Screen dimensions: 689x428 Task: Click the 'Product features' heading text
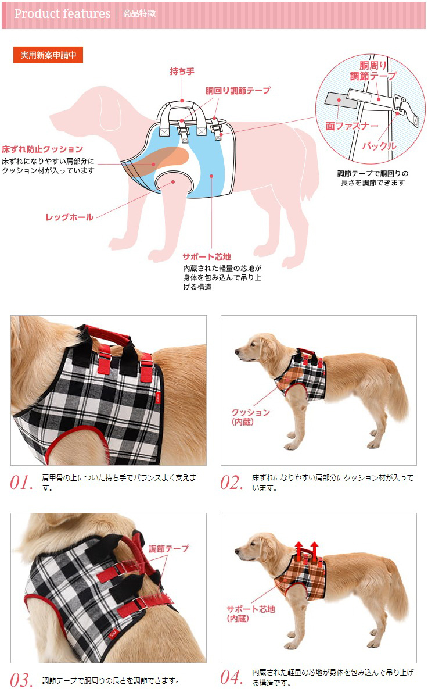62,14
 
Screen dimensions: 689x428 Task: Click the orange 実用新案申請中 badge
48,55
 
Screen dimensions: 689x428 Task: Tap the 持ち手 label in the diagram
182,72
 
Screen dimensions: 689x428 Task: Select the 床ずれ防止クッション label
42,149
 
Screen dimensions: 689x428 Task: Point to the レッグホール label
70,217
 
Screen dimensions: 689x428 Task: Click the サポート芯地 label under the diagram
207,256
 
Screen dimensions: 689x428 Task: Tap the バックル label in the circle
379,146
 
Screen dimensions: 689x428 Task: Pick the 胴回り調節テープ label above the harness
238,91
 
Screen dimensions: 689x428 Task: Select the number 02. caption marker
231,483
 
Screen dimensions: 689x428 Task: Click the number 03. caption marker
22,680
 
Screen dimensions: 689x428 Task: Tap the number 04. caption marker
232,678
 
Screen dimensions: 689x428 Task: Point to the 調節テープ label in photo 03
169,548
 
